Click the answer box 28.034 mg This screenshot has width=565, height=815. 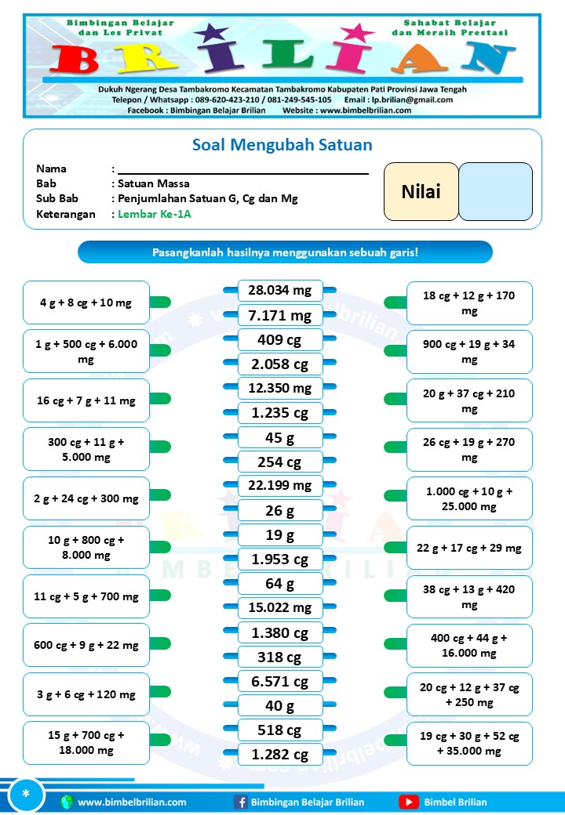[x=280, y=291]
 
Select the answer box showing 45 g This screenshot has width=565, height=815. [x=280, y=437]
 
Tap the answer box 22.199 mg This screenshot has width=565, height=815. [x=280, y=486]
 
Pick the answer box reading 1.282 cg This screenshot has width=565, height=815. [x=280, y=755]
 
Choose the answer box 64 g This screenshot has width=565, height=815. [x=280, y=584]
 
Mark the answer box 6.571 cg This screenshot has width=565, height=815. [x=280, y=682]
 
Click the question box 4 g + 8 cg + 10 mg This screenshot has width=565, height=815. [x=86, y=302]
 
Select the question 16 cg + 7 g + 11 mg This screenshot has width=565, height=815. [x=86, y=400]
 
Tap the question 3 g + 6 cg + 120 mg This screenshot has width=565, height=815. [x=86, y=694]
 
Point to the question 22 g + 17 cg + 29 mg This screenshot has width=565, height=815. [x=469, y=547]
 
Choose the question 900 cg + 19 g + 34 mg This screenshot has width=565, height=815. [x=469, y=352]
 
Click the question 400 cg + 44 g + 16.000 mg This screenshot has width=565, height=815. [x=469, y=645]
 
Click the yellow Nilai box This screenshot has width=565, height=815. [x=421, y=191]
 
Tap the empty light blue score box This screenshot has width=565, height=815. [x=495, y=191]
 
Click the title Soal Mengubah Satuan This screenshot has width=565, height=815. [x=282, y=145]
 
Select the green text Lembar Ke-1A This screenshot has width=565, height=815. [x=155, y=214]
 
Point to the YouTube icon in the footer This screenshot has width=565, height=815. [x=409, y=802]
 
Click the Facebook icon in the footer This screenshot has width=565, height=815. [x=241, y=802]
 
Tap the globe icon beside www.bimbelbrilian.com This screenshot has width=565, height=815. [x=67, y=802]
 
